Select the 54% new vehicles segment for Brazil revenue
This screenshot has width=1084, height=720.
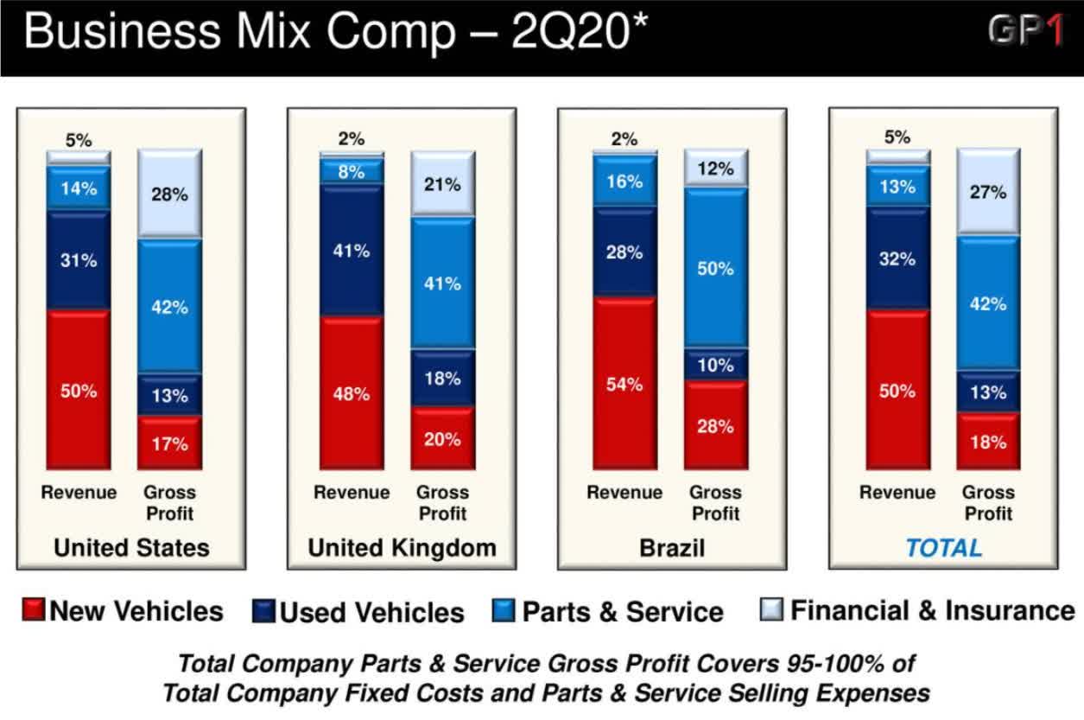(624, 385)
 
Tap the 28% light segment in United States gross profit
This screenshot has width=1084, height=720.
(169, 194)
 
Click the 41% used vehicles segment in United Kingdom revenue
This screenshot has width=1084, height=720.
(352, 251)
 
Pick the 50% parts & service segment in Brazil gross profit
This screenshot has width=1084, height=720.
(715, 269)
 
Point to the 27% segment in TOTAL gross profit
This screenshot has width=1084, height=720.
(988, 192)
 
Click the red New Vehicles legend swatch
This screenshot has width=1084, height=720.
(33, 612)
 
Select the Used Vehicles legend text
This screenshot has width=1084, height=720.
(371, 613)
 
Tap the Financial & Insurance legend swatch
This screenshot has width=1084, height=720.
(772, 611)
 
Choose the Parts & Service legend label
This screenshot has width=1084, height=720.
(622, 613)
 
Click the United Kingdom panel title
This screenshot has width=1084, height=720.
(402, 548)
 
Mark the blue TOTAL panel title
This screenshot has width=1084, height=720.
(943, 548)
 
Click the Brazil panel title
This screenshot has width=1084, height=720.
(672, 548)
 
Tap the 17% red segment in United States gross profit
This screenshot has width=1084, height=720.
(169, 443)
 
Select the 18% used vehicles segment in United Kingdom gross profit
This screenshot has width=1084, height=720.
(442, 379)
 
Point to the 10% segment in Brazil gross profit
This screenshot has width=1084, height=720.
(715, 365)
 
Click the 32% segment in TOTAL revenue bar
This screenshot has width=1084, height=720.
(897, 258)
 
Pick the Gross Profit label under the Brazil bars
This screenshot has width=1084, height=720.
(715, 502)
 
